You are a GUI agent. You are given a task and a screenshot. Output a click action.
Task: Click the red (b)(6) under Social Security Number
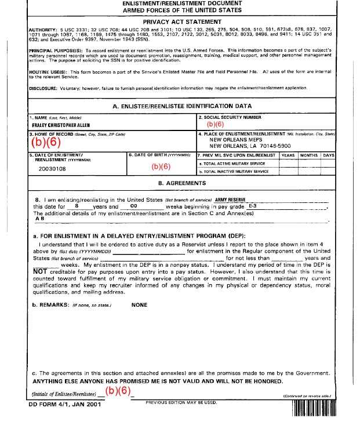click(x=215, y=123)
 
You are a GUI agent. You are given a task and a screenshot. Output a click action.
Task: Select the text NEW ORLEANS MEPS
click(x=235, y=140)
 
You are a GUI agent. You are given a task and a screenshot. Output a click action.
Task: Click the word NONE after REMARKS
click(x=139, y=304)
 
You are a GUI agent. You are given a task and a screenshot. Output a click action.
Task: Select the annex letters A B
click(x=40, y=219)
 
